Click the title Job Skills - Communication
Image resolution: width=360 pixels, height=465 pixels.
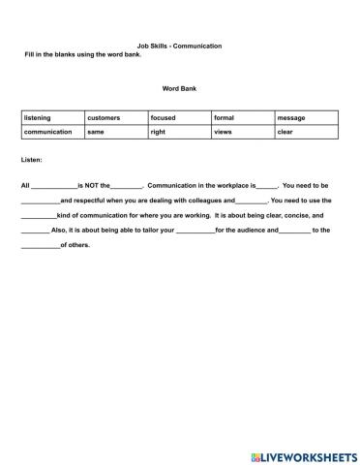[x=180, y=46]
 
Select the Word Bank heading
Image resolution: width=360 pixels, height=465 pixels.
[x=179, y=87]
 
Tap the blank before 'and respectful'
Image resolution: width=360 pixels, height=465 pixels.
[x=40, y=201]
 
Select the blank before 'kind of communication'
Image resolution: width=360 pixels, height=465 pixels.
[x=38, y=215]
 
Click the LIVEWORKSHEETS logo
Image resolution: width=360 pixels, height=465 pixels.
[x=303, y=454]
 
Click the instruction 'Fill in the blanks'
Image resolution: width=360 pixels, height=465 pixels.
[x=83, y=54]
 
